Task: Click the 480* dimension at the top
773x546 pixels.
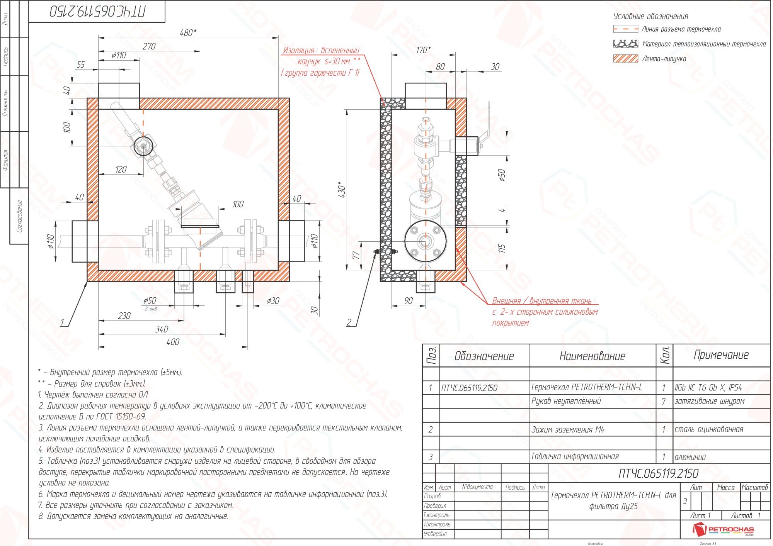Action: point(188,33)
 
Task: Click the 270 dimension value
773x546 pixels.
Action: point(149,46)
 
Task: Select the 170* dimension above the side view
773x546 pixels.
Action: point(423,50)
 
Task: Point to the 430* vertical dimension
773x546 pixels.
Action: point(342,190)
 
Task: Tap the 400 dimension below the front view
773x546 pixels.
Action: point(173,342)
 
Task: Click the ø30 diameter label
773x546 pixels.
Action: point(273,300)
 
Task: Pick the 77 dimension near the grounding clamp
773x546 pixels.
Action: point(356,255)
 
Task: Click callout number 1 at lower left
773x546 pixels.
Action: point(62,322)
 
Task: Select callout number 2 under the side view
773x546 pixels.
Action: point(349,322)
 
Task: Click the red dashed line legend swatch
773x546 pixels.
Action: point(625,29)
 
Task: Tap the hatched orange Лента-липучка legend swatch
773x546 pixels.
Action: point(625,59)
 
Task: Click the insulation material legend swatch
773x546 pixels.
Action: point(625,44)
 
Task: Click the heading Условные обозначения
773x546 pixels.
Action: point(651,16)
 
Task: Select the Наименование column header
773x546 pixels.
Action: point(592,356)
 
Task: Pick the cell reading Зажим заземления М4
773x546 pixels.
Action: point(567,429)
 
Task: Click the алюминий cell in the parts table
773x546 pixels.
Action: point(690,457)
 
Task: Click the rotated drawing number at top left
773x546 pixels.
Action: point(97,11)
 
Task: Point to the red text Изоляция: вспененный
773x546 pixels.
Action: point(321,50)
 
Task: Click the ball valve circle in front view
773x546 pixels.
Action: point(143,146)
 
